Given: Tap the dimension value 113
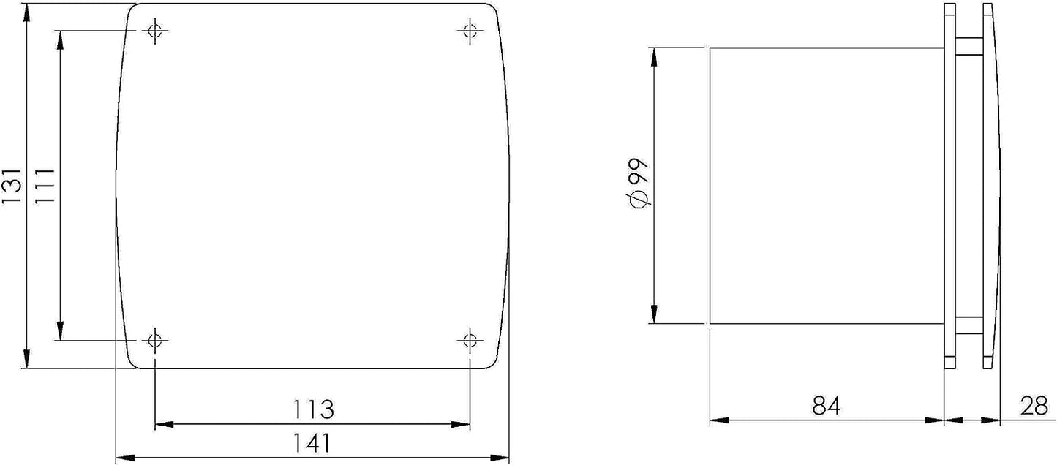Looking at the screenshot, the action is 313,409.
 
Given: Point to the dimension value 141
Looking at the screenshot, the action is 312,443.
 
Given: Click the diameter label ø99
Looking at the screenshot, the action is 639,184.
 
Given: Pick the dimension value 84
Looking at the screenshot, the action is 827,406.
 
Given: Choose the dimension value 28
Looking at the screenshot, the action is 1034,406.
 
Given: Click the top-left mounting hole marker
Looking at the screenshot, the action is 155,31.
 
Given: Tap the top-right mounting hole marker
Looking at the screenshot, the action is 470,31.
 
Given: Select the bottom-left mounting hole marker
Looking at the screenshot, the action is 155,339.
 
